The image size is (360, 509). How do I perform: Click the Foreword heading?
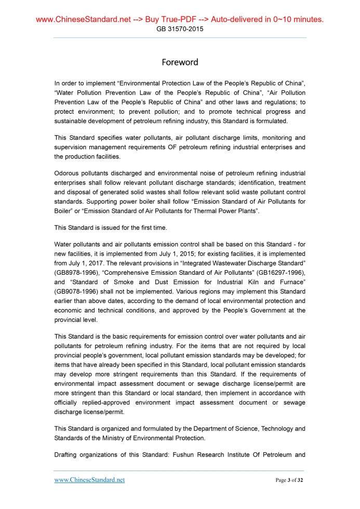pos(180,62)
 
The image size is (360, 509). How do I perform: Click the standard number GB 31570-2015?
pos(180,29)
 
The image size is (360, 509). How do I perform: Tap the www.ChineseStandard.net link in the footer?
pos(89,480)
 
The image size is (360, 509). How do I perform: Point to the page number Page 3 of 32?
pos(289,480)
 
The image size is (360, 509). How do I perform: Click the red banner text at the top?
pos(180,20)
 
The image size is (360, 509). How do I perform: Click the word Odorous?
pos(70,172)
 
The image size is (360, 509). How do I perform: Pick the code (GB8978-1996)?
pos(77,271)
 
